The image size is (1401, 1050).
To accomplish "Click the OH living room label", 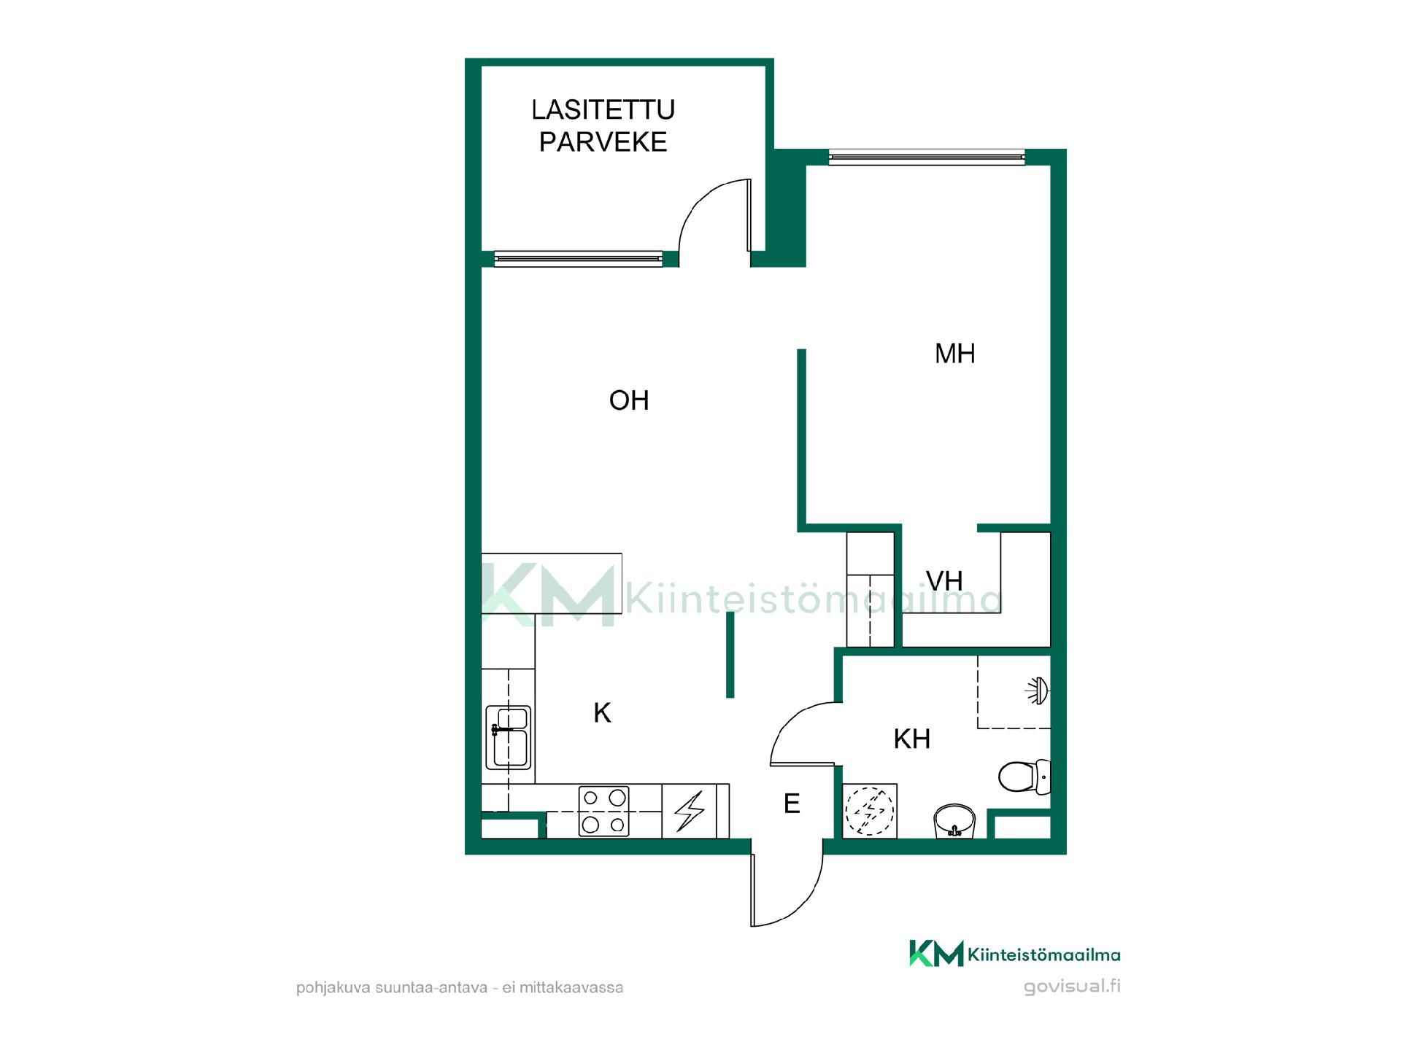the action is tap(629, 400).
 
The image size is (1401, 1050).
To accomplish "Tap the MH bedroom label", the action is tap(955, 354).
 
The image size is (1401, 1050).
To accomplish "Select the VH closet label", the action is tap(944, 581).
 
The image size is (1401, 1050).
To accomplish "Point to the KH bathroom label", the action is tap(912, 739).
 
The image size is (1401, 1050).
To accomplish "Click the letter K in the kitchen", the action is tap(602, 713).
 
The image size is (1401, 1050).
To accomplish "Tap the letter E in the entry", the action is tap(792, 804).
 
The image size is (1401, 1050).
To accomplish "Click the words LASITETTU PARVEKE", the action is tap(603, 125).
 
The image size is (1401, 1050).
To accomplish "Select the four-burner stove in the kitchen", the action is tap(603, 811).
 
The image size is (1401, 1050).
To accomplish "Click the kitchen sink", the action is tap(509, 736).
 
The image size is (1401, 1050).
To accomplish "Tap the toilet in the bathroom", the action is tap(1024, 777).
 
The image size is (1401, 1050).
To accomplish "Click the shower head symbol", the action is tap(1038, 690).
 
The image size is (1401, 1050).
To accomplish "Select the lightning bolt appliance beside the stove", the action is tap(689, 811).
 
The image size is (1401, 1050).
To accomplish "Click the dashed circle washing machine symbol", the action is tap(869, 811).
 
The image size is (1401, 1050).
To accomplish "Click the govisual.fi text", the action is tap(1072, 987).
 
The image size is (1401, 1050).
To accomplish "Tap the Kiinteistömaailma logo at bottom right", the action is tap(1014, 953).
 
